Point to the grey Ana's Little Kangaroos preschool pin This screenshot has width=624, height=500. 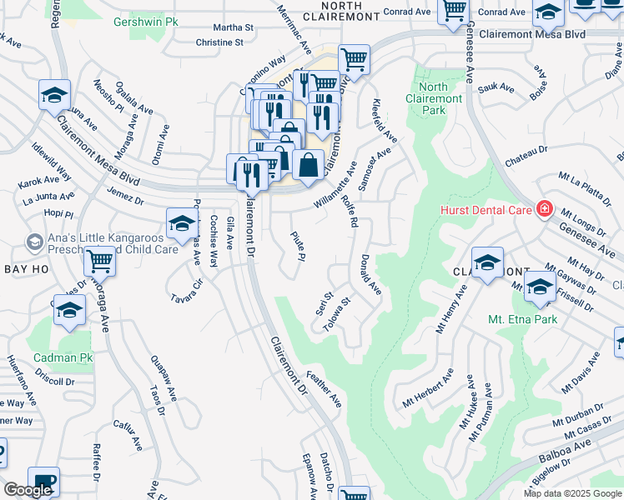(x=34, y=242)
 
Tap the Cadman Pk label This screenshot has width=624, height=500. (x=61, y=357)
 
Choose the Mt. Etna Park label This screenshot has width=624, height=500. (x=524, y=319)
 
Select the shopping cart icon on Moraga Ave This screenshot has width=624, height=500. (x=99, y=261)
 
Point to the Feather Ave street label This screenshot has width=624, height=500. (x=324, y=389)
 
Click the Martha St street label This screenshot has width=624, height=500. (x=233, y=27)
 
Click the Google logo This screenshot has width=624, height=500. (x=28, y=490)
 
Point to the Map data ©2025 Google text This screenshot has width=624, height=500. (x=572, y=493)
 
